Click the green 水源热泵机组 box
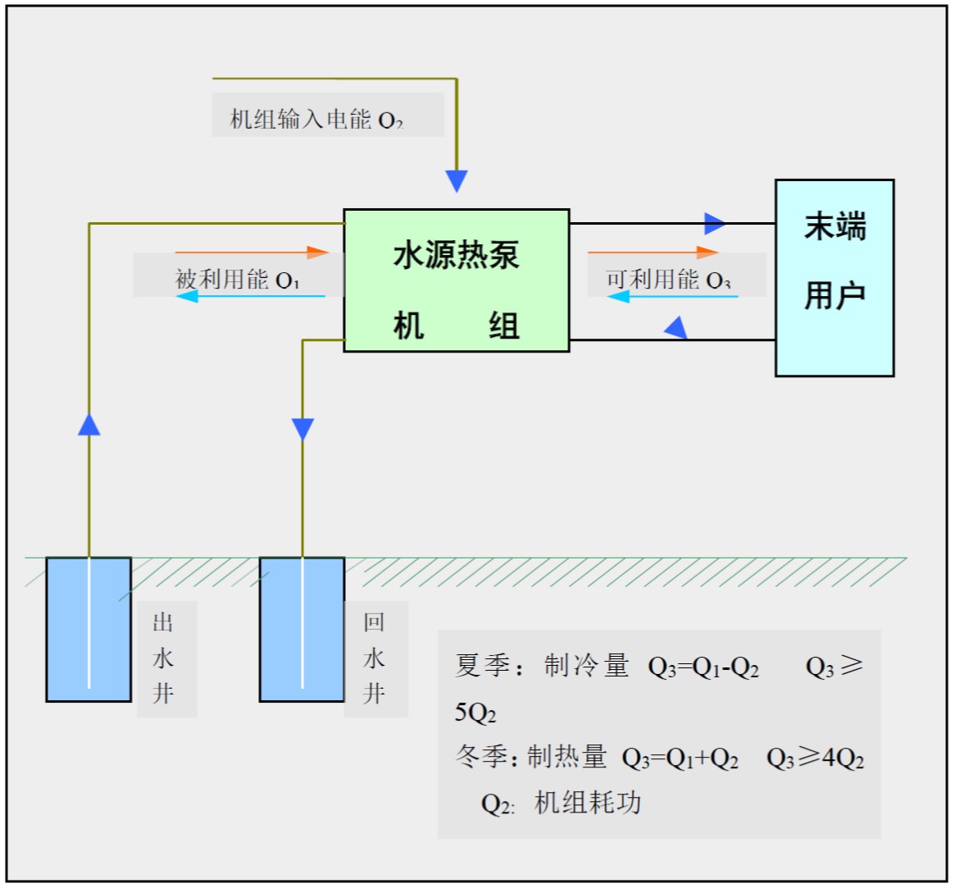(x=456, y=280)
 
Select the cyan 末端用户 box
(x=834, y=278)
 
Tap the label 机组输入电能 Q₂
(x=316, y=119)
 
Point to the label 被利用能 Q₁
(x=238, y=280)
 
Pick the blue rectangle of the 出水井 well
(x=89, y=630)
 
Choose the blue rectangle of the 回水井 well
(x=302, y=630)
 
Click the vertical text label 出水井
(x=163, y=658)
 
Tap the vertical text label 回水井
(x=374, y=658)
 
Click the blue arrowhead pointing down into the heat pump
(x=457, y=180)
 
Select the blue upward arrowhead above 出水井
(x=89, y=424)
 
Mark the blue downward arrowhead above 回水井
(x=302, y=429)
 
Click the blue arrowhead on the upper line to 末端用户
(x=714, y=223)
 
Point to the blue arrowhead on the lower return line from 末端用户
(x=675, y=329)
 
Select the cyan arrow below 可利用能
(x=672, y=297)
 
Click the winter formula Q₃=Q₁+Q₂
(x=680, y=758)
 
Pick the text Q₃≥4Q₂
(x=815, y=758)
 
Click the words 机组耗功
(x=588, y=803)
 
